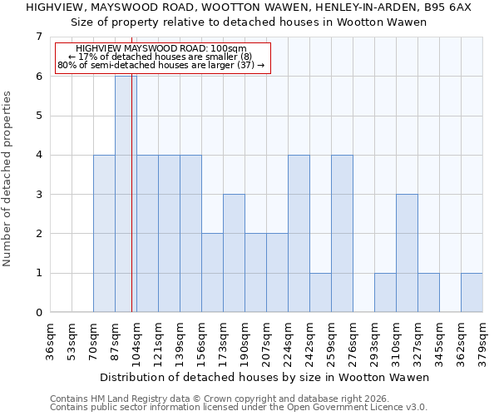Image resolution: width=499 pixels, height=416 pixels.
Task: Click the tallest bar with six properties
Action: [126, 194]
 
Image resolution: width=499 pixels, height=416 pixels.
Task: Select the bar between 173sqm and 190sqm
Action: [234, 253]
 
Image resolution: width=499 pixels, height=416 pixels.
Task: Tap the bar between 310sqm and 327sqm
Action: [407, 253]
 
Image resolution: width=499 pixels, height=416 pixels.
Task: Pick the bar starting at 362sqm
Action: [472, 293]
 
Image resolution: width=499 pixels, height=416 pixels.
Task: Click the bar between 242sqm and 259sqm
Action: [320, 293]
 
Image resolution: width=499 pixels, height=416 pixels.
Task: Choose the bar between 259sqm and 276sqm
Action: [342, 234]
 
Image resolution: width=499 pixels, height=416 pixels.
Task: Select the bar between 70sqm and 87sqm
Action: [104, 234]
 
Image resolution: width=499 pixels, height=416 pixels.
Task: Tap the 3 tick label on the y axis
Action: [38, 195]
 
